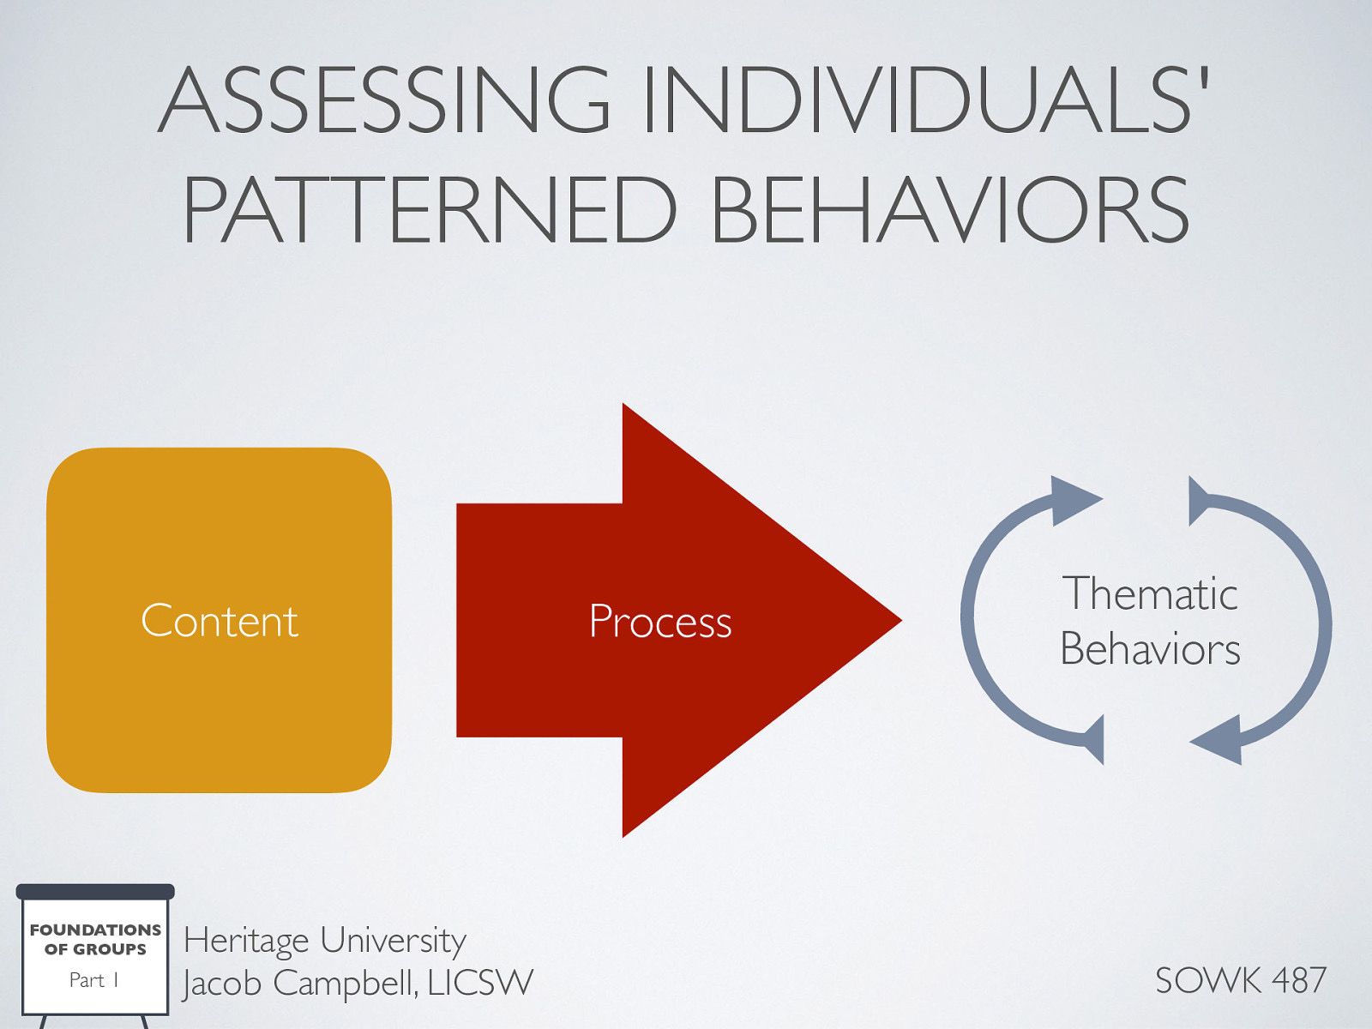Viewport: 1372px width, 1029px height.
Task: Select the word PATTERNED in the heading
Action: (430, 211)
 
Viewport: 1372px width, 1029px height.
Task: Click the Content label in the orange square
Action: (220, 621)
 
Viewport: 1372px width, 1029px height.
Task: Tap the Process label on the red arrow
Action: (660, 622)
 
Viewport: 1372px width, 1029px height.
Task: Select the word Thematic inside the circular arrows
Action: (1150, 593)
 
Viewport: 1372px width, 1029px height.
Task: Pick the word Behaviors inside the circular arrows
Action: (1150, 649)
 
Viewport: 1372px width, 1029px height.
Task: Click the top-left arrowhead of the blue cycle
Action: (1072, 498)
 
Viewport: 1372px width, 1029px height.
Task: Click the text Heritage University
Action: (324, 941)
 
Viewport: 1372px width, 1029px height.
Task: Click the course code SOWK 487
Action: (1240, 980)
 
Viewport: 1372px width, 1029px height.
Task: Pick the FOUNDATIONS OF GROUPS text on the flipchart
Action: (95, 939)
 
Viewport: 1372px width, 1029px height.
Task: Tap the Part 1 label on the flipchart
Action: (93, 980)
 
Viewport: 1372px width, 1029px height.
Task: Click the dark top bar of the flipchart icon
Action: (95, 892)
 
